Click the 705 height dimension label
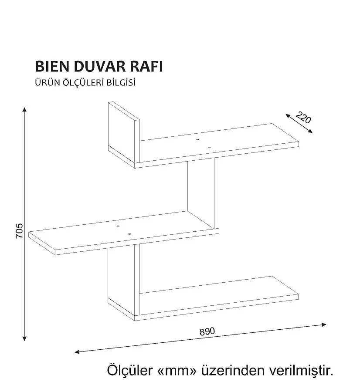18,231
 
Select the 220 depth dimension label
303,117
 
